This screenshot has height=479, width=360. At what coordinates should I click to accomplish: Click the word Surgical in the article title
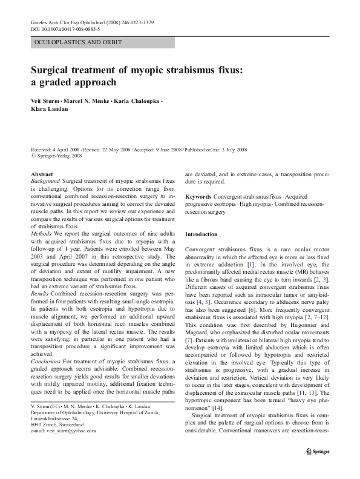click(x=54, y=70)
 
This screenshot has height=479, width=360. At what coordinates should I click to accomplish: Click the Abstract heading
click(x=41, y=174)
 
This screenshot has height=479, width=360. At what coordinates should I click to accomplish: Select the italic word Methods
click(x=42, y=233)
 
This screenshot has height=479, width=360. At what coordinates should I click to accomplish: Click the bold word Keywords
click(x=198, y=197)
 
